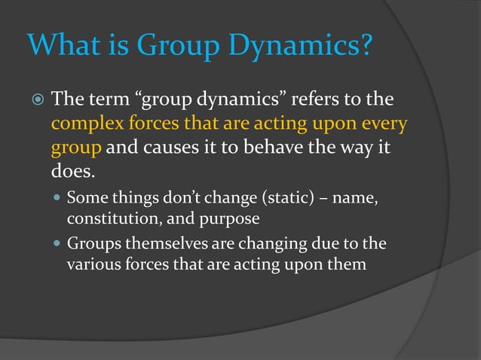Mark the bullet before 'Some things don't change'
57,200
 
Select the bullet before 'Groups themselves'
57,244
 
